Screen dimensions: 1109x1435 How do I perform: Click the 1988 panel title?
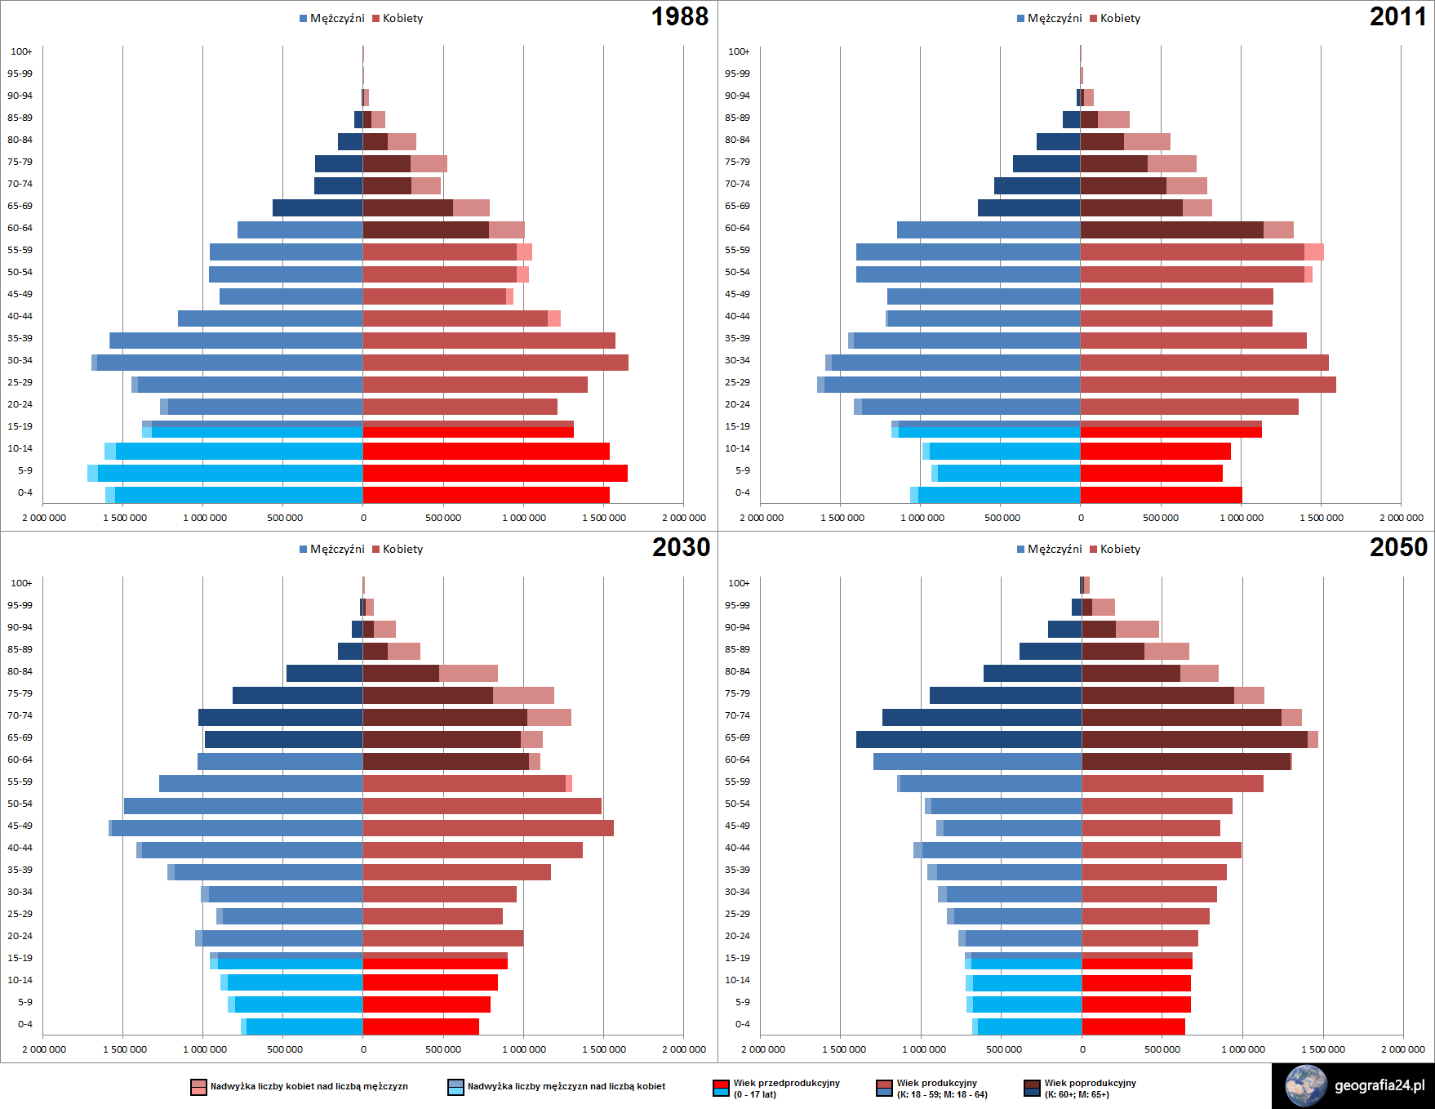point(679,17)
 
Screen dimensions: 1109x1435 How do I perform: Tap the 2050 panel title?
point(1398,548)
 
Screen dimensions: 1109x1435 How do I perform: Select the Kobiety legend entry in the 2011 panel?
point(1119,18)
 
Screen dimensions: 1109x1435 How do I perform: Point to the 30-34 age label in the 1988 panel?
point(20,360)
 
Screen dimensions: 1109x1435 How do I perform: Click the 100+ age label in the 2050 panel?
point(738,583)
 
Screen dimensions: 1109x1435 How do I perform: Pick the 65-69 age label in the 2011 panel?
point(737,206)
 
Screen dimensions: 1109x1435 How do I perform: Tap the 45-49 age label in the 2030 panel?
point(20,826)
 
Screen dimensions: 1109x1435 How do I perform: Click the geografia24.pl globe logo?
point(1306,1085)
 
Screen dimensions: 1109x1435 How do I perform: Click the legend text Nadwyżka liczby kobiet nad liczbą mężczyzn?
point(309,1086)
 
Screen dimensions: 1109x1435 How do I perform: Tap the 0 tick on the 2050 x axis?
point(1082,1049)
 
